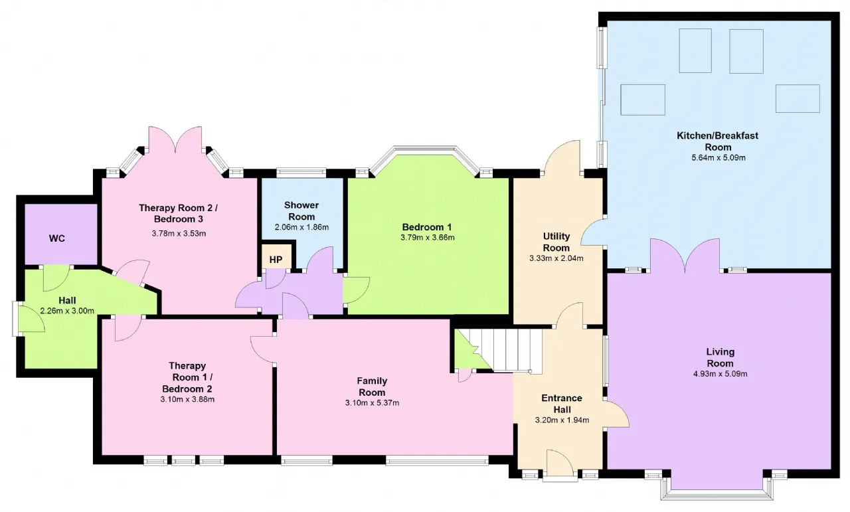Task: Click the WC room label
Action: coord(57,238)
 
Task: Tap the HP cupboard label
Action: coord(276,260)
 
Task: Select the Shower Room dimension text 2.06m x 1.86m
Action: coord(301,227)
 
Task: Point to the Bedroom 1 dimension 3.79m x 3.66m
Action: coord(427,238)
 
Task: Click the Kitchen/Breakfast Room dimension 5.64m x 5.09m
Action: coord(719,157)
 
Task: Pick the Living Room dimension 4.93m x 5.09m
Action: coord(721,374)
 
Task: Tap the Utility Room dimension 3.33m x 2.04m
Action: coord(556,258)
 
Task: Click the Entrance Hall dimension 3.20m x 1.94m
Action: coord(562,420)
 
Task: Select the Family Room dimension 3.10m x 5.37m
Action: coord(372,402)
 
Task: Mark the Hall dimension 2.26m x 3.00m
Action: coord(67,311)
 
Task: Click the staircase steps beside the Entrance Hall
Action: coord(505,351)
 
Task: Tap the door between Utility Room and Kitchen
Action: coord(593,232)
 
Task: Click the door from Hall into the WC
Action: coord(56,278)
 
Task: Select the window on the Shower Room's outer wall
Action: coord(301,172)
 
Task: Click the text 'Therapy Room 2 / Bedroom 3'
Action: coord(179,213)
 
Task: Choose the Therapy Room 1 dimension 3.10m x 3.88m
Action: coord(187,399)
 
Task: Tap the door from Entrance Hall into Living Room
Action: coord(617,413)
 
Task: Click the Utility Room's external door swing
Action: coord(562,157)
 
